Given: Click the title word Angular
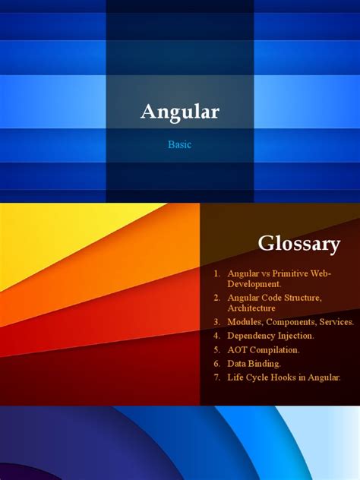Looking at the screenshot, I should point(180,112).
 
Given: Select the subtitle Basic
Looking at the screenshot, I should point(180,144).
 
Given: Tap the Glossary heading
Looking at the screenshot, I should point(298,244).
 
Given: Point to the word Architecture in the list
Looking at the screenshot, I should point(251,308).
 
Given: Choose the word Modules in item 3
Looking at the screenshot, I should point(245,322).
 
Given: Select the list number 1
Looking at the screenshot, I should point(216,273).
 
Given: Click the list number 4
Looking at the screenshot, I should point(216,336).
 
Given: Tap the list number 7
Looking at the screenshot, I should point(216,377).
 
